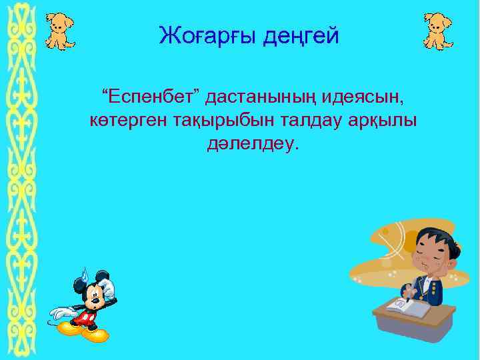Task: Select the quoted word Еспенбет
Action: [150, 99]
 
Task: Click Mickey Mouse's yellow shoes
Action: [83, 329]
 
